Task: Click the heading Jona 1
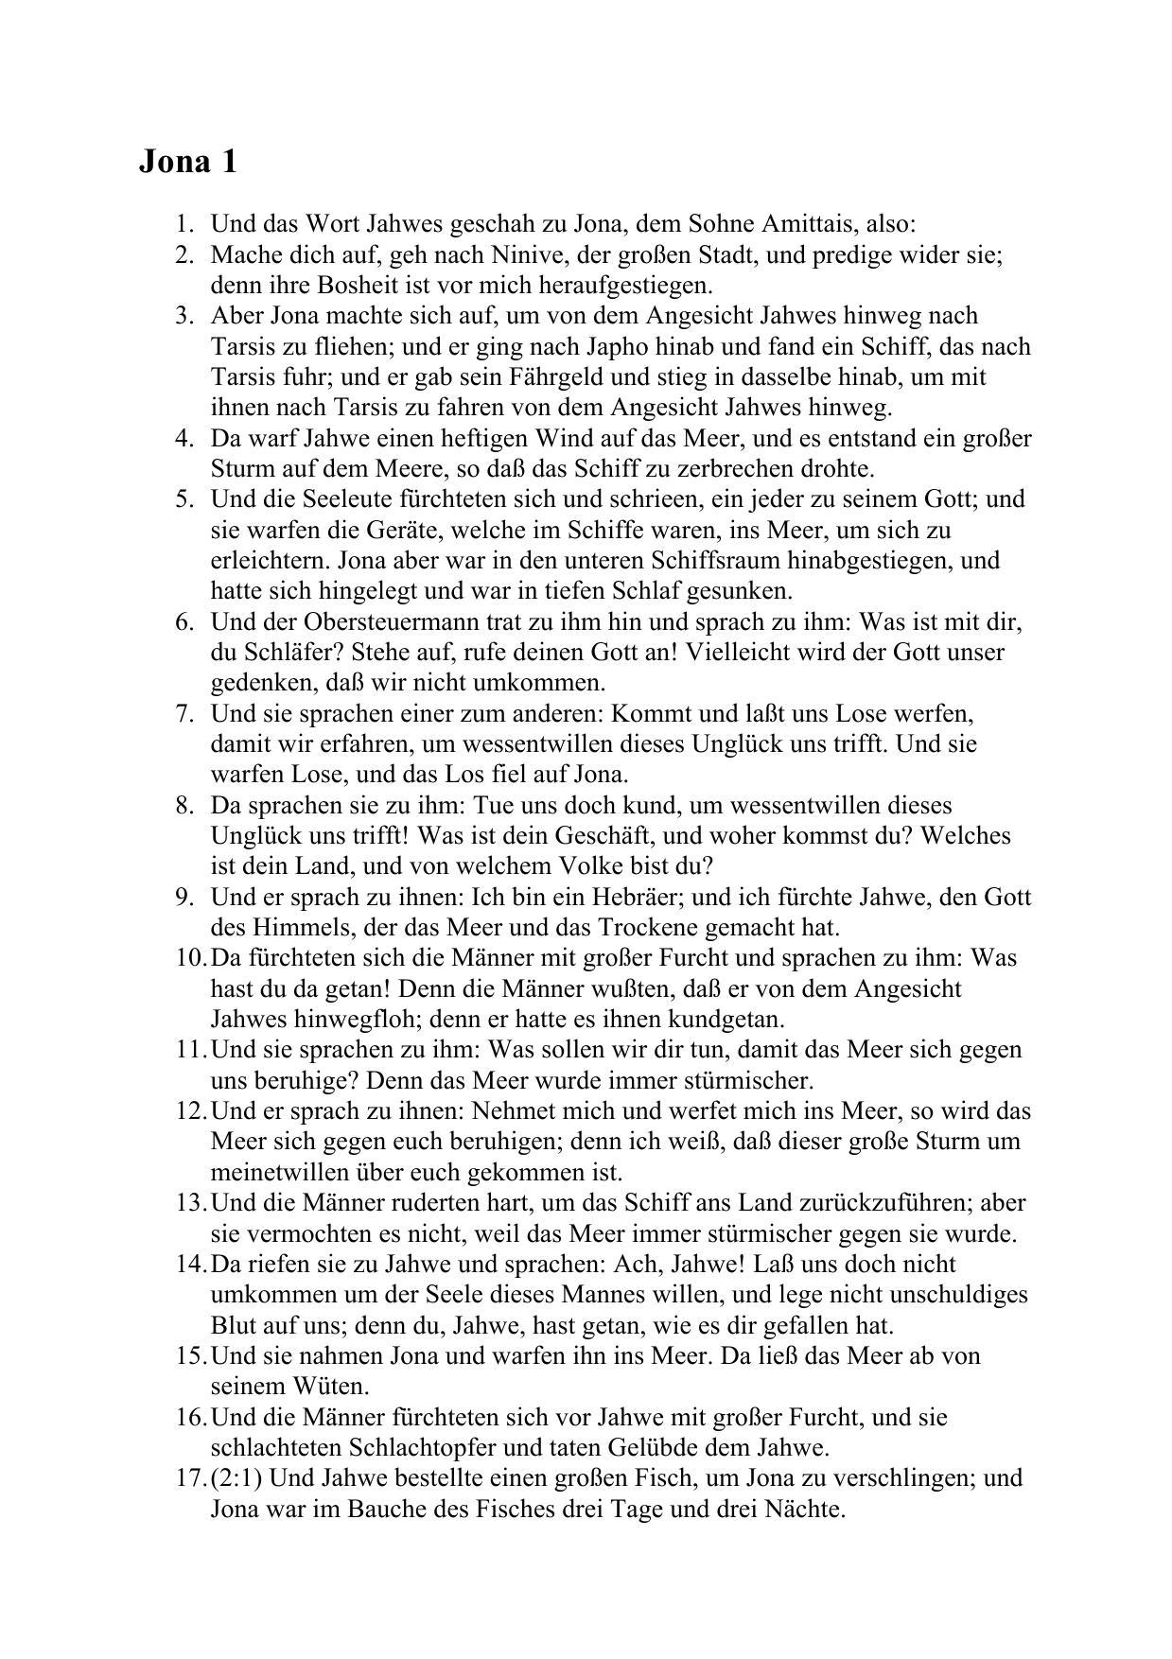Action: tap(187, 162)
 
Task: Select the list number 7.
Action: tap(184, 713)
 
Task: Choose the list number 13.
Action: tap(188, 1203)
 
